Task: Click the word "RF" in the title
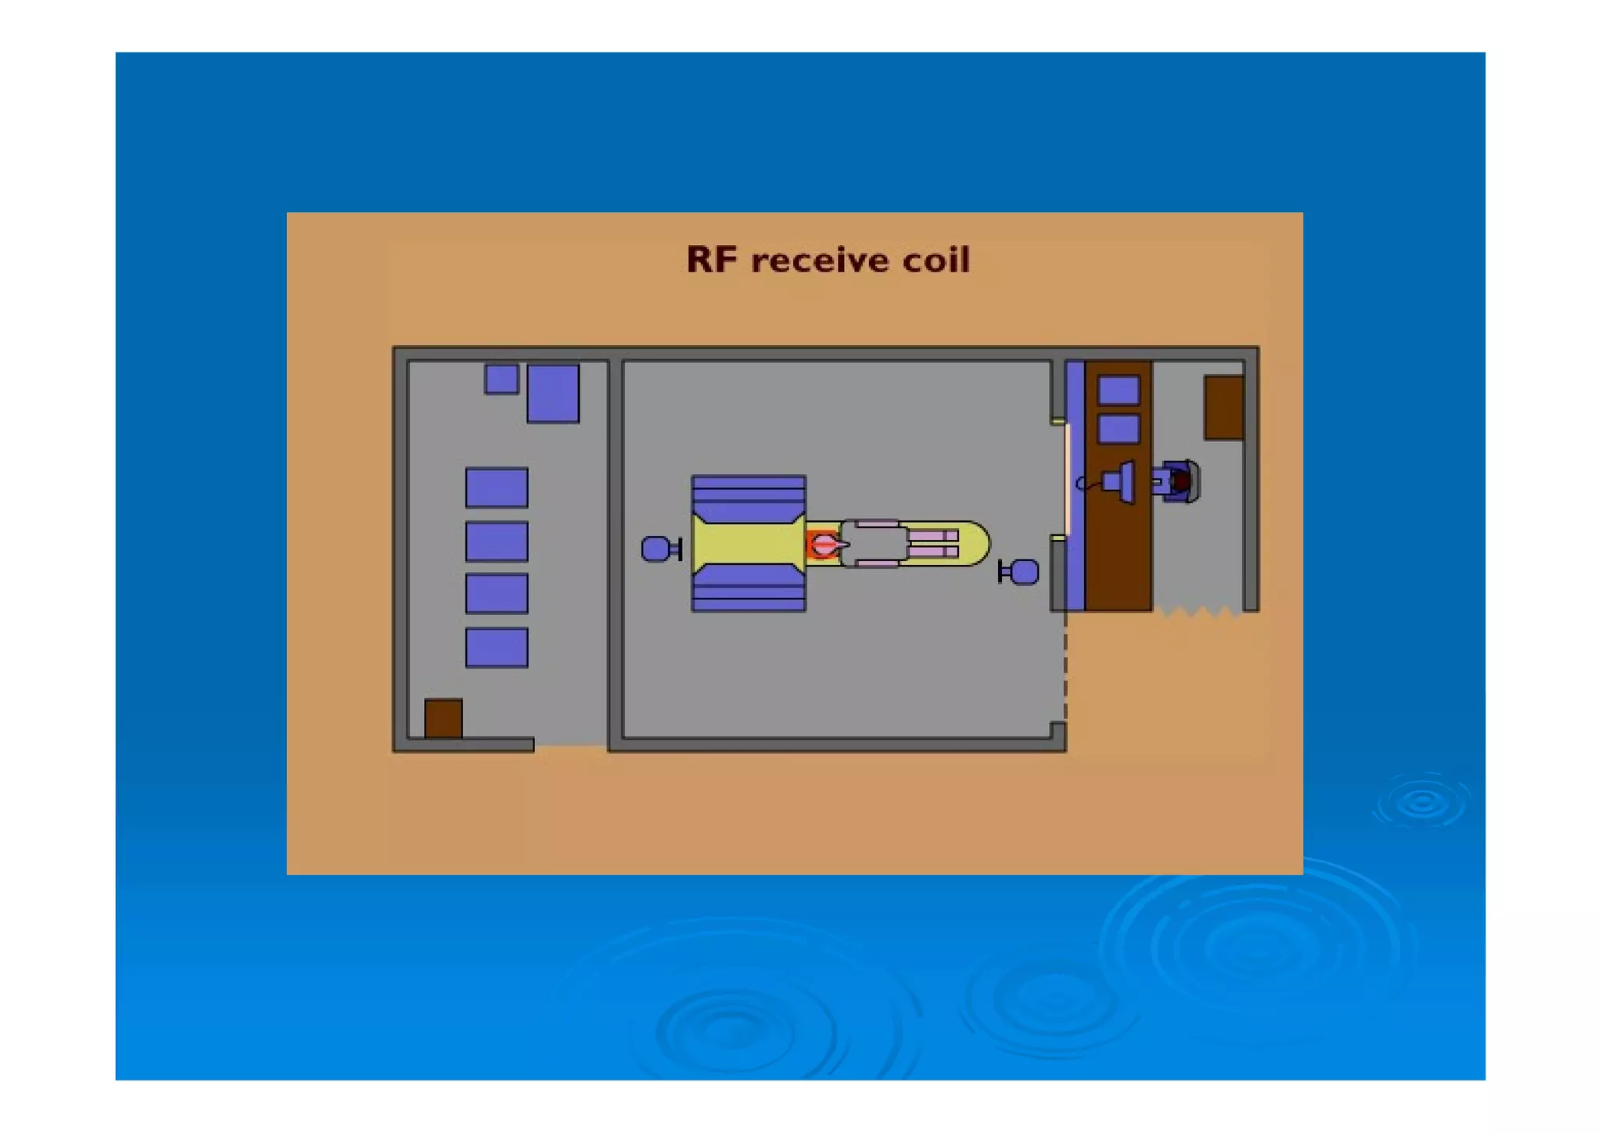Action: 711,260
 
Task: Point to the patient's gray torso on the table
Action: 875,543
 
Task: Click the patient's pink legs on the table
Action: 932,543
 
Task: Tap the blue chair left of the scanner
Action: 656,549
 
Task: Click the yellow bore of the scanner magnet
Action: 747,543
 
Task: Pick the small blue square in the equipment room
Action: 501,379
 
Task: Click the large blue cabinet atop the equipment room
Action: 553,394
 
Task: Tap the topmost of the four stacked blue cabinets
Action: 497,487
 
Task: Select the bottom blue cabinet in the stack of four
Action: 497,647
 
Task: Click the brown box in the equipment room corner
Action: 443,718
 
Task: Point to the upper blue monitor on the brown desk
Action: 1119,390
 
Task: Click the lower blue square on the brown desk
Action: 1119,429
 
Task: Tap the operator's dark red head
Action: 1181,481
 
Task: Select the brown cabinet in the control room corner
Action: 1223,407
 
